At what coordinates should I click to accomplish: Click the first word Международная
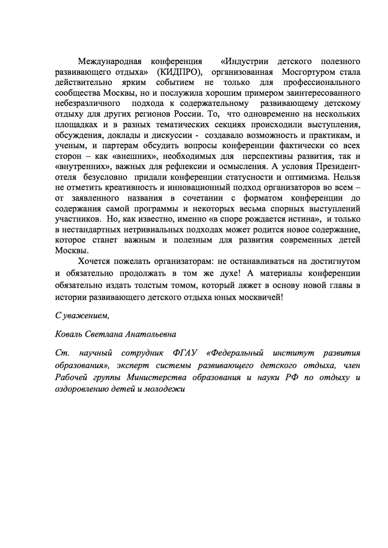coord(110,61)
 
